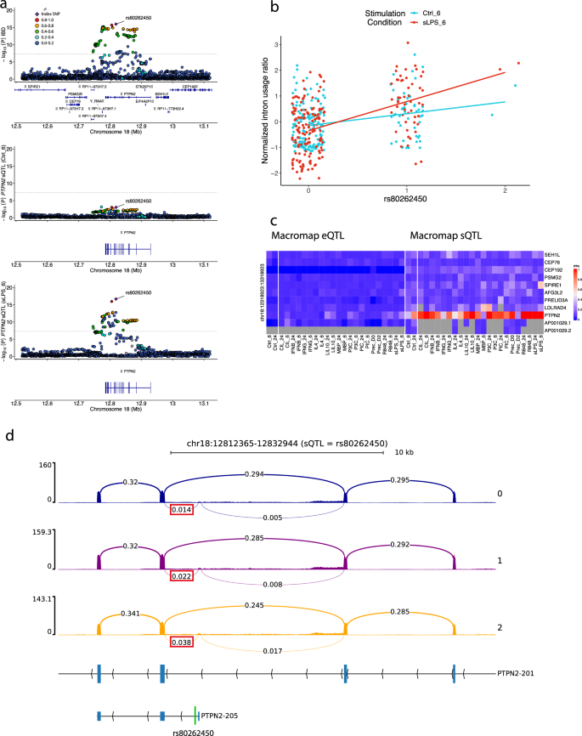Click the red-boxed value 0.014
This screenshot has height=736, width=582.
(x=182, y=508)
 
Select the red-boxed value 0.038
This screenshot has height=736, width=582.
(x=182, y=643)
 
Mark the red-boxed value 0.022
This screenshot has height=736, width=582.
(x=182, y=575)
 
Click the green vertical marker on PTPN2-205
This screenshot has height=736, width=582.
(x=195, y=716)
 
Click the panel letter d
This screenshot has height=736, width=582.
(x=9, y=437)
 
